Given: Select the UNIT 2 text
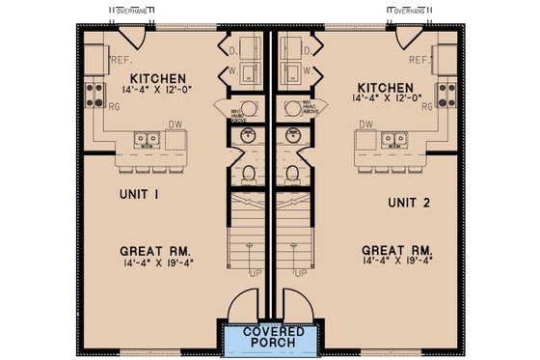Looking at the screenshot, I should [408, 204].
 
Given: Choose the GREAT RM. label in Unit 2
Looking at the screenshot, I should [393, 248].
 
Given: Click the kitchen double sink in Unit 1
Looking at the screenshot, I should [148, 139].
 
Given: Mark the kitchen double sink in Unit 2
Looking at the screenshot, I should [393, 139].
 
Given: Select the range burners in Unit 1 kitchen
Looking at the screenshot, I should [95, 95].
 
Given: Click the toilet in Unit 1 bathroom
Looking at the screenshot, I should [249, 175].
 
